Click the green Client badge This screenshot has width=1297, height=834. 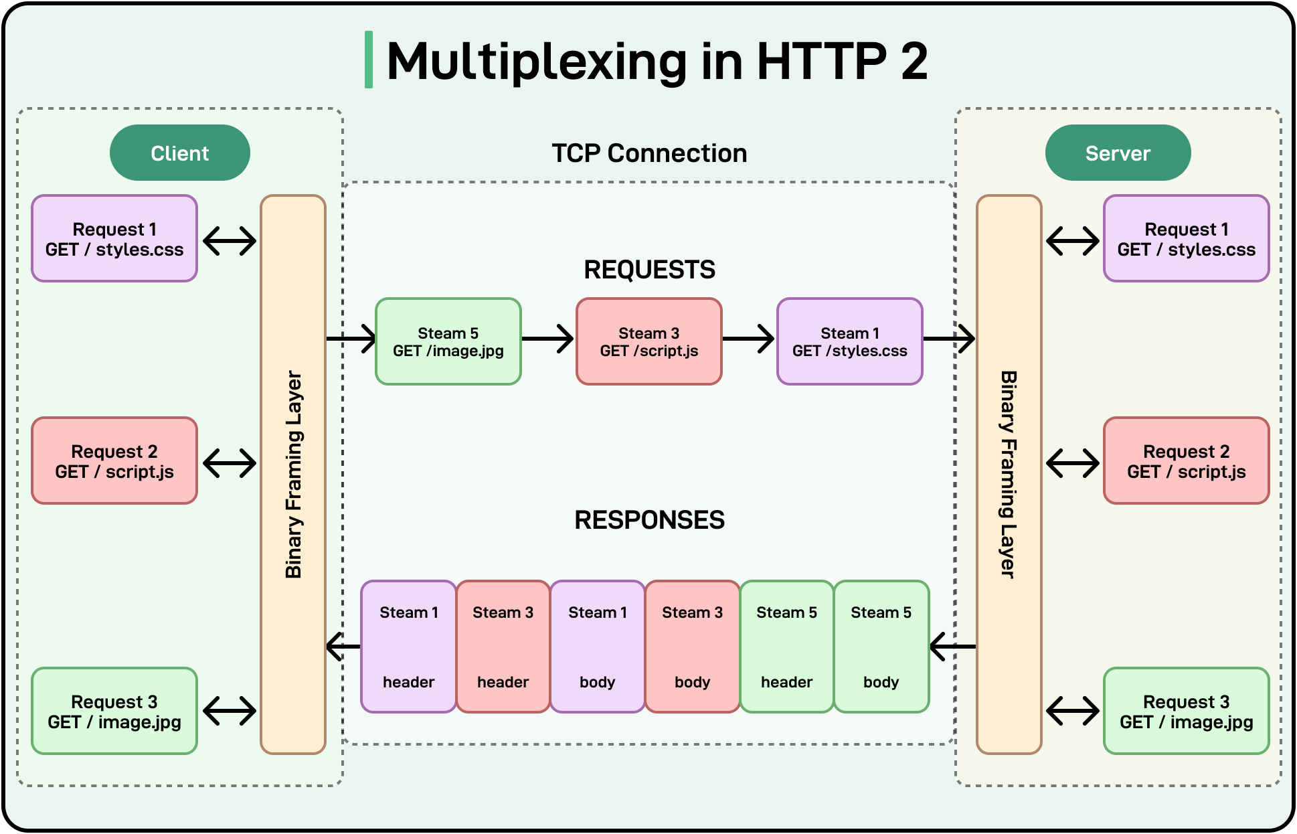point(179,153)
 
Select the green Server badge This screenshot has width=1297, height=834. point(1118,153)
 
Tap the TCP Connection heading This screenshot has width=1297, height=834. point(648,153)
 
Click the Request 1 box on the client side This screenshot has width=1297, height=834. point(114,239)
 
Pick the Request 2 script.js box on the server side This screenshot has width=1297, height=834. point(1186,461)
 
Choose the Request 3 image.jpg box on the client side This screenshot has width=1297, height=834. point(114,711)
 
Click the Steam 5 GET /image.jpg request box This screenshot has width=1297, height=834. point(448,341)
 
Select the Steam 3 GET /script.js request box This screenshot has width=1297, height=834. point(648,341)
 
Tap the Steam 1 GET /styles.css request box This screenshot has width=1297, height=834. point(849,341)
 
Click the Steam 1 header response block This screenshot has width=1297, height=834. point(408,647)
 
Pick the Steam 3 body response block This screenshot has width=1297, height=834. point(692,647)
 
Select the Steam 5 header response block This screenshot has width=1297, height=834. point(786,647)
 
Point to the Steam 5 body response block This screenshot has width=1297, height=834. point(881,647)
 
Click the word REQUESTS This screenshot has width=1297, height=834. point(649,270)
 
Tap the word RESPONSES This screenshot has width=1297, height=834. point(649,520)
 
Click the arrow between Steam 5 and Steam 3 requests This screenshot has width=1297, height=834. point(548,339)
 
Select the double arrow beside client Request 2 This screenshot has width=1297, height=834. point(230,463)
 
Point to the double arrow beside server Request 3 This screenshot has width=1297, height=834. point(1072,711)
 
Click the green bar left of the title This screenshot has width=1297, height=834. point(368,60)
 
